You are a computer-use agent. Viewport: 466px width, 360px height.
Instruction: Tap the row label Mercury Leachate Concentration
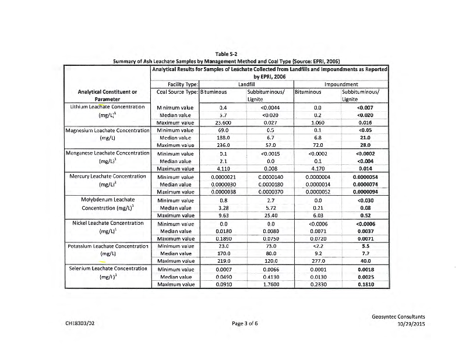107,175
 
